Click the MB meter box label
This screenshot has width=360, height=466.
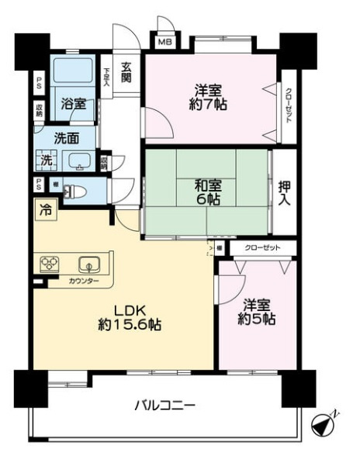coord(165,43)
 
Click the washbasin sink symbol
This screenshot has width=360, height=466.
coord(80,162)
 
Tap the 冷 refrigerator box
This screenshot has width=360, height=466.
coord(44,209)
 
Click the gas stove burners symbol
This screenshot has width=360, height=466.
coord(51,264)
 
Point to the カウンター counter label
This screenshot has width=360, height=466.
coord(83,281)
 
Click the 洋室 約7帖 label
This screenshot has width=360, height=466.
coord(210,96)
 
